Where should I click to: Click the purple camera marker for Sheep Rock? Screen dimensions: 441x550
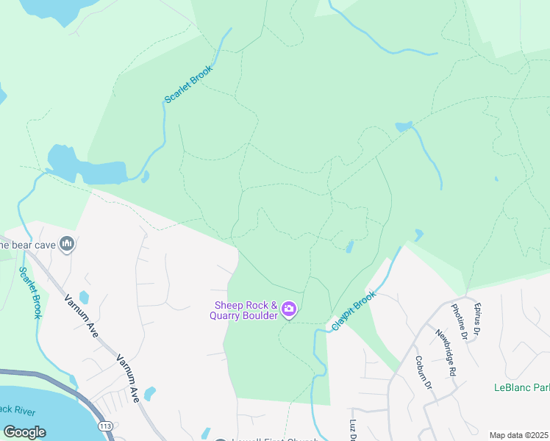289,310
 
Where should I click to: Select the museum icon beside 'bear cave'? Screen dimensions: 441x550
68,243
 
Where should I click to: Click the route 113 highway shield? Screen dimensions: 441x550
106,426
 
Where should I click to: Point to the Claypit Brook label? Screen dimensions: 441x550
354,309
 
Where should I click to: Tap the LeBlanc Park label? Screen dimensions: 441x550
521,387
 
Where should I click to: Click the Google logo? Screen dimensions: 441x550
24,431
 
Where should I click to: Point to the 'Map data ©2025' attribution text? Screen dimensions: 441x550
518,435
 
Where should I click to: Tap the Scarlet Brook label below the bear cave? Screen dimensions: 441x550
29,293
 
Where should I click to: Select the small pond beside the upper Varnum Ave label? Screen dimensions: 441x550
84,297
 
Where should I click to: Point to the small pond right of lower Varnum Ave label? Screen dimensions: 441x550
150,394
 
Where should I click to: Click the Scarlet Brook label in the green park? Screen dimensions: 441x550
188,84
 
